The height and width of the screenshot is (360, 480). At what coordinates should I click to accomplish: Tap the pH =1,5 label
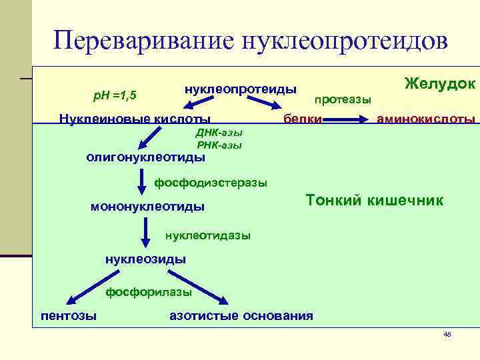pyautogui.click(x=114, y=95)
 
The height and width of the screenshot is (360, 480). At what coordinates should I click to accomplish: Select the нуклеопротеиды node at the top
pyautogui.click(x=241, y=89)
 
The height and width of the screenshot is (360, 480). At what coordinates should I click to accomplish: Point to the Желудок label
pyautogui.click(x=439, y=83)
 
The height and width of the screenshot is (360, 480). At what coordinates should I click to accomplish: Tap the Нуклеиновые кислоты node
pyautogui.click(x=130, y=119)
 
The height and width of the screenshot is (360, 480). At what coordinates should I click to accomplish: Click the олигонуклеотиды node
pyautogui.click(x=146, y=157)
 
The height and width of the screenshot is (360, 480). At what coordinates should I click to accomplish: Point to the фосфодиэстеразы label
pyautogui.click(x=211, y=182)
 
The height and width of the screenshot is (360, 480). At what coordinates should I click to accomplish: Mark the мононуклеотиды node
pyautogui.click(x=147, y=207)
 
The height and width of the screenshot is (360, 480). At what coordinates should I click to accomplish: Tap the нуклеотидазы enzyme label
pyautogui.click(x=208, y=235)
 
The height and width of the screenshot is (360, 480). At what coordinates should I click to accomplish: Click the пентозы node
pyautogui.click(x=69, y=315)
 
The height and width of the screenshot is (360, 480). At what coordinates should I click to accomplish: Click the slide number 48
pyautogui.click(x=447, y=334)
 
